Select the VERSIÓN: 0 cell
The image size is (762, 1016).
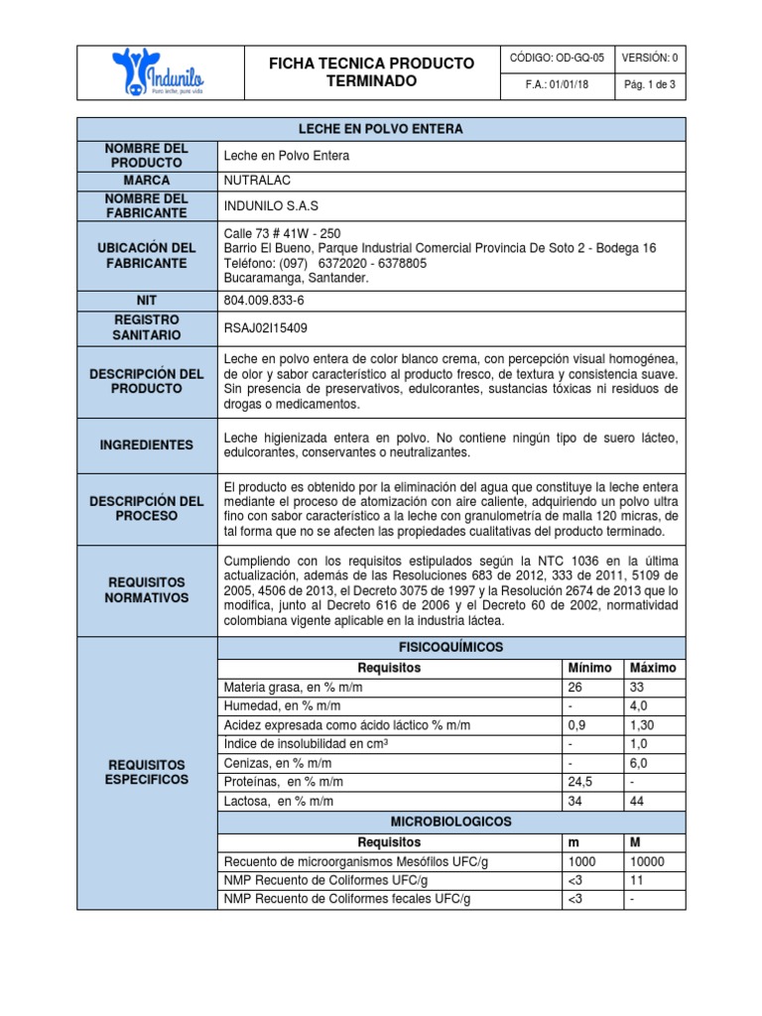tap(650, 59)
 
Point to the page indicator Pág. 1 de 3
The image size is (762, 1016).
tap(650, 85)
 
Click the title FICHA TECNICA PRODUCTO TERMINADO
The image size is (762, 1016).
tap(372, 71)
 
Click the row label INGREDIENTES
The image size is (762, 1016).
tap(147, 445)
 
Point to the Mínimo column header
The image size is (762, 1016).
tap(589, 668)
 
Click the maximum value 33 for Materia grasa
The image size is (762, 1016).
tap(636, 687)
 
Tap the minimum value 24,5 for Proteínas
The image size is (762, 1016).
tap(579, 782)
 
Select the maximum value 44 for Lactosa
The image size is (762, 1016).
tap(636, 801)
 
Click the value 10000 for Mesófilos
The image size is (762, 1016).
tap(648, 861)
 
